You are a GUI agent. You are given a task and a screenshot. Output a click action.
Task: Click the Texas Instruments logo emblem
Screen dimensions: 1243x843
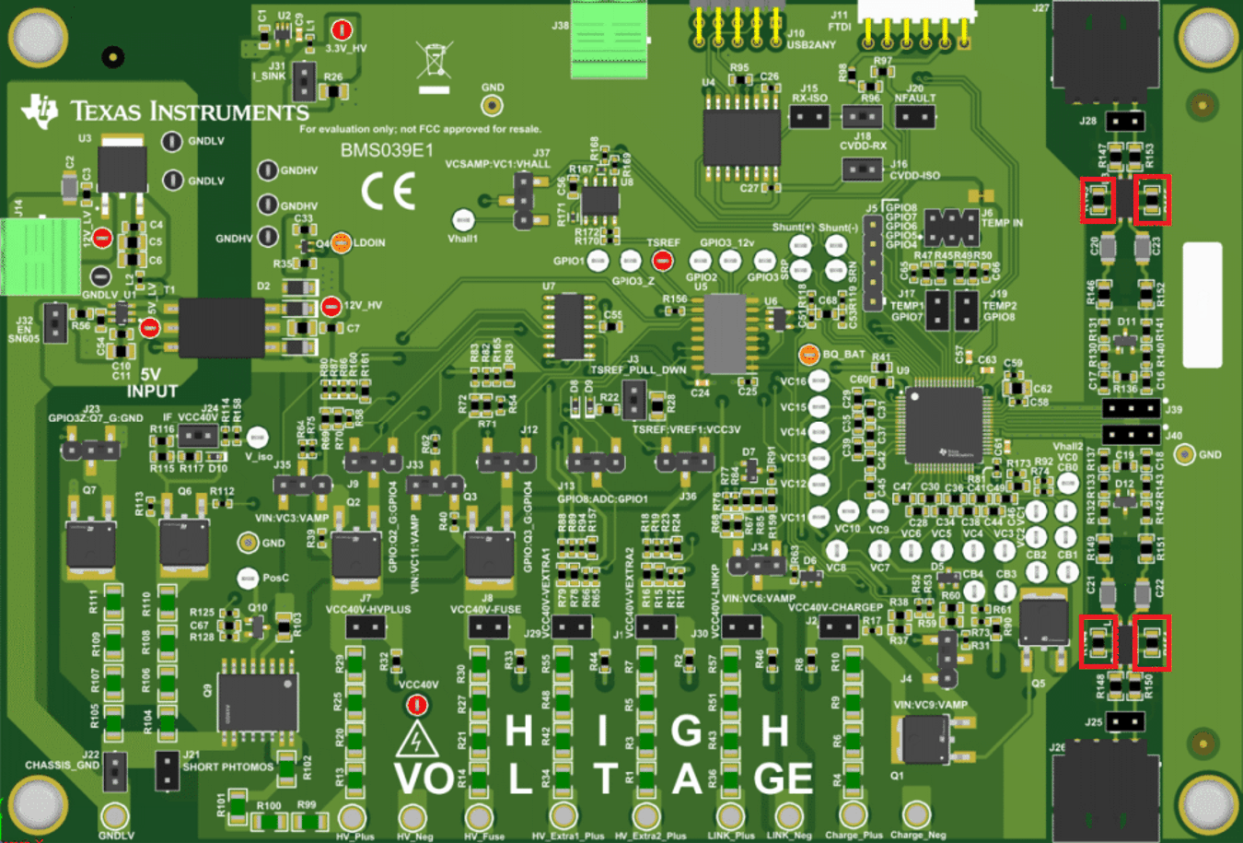(40, 111)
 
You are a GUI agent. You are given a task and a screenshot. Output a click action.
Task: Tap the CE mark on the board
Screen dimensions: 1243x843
(388, 192)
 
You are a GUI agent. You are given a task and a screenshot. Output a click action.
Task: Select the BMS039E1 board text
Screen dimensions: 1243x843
(387, 150)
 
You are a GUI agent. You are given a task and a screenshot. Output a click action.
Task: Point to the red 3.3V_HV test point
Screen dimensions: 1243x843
(342, 30)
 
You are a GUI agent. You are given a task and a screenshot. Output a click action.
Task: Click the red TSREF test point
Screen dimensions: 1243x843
(662, 262)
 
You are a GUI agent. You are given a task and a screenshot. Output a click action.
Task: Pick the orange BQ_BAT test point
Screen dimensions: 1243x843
(808, 355)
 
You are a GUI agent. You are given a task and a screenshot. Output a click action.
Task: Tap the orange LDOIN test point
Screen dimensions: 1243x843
(341, 243)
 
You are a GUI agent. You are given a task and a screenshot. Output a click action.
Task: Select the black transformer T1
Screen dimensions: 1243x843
(221, 328)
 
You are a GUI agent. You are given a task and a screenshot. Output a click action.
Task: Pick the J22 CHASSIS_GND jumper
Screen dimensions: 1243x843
(115, 771)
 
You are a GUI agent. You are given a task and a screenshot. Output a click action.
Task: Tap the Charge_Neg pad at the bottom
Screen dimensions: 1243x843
(916, 814)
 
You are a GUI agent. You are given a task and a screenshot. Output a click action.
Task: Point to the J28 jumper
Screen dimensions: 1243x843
(1124, 121)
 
